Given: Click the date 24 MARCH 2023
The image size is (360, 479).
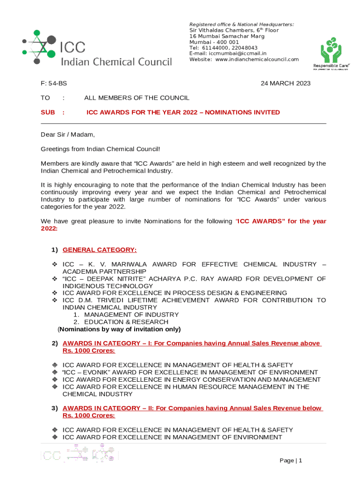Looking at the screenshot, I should coord(285,84).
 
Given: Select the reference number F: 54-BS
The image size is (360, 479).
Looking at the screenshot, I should coord(54,84).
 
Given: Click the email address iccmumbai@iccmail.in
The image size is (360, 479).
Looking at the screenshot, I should coord(228,53).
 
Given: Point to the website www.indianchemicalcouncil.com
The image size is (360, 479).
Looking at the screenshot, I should coord(244,59).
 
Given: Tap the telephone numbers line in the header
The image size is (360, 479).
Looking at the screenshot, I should coord(223,48).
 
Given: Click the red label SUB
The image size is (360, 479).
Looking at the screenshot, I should coord(48,112).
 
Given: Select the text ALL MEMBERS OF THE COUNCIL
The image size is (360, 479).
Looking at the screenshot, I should coord(137,98).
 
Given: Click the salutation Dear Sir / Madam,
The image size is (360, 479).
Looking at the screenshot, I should coord(68,135).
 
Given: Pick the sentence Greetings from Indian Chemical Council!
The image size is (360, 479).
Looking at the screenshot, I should coord(100,149).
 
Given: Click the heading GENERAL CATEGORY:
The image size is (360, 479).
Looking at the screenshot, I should coord(100,250).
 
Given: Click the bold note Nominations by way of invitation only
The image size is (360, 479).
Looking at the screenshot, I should coord(119,329).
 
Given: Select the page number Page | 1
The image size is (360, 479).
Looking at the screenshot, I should coord(291,461).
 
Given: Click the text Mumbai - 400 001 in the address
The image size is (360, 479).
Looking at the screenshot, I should coord(214,42).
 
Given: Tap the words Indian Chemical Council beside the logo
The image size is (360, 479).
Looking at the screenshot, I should coord(117,62).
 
